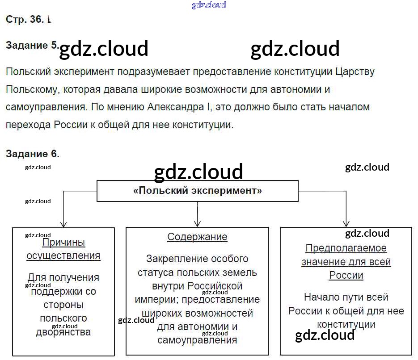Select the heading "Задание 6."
32,154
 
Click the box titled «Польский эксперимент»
198,191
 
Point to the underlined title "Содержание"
197,237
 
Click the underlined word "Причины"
63,243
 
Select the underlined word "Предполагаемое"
346,248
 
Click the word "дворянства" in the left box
63,332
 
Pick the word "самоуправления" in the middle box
197,340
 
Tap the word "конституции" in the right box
346,324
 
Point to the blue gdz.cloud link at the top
209,5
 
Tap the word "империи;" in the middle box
157,299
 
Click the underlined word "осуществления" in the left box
63,256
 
